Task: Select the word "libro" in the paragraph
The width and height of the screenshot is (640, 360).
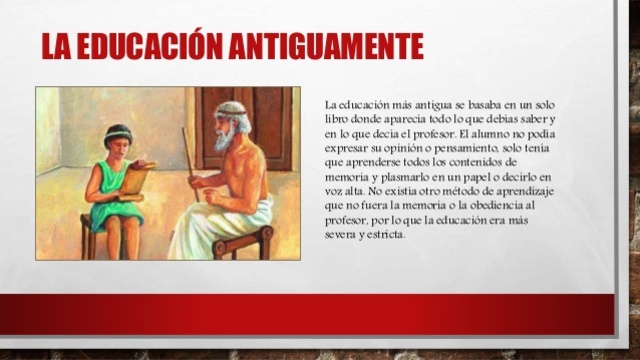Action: point(340,119)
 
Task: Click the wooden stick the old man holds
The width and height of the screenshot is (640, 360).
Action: point(188,150)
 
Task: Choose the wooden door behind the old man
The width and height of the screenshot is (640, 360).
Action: point(265,125)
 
